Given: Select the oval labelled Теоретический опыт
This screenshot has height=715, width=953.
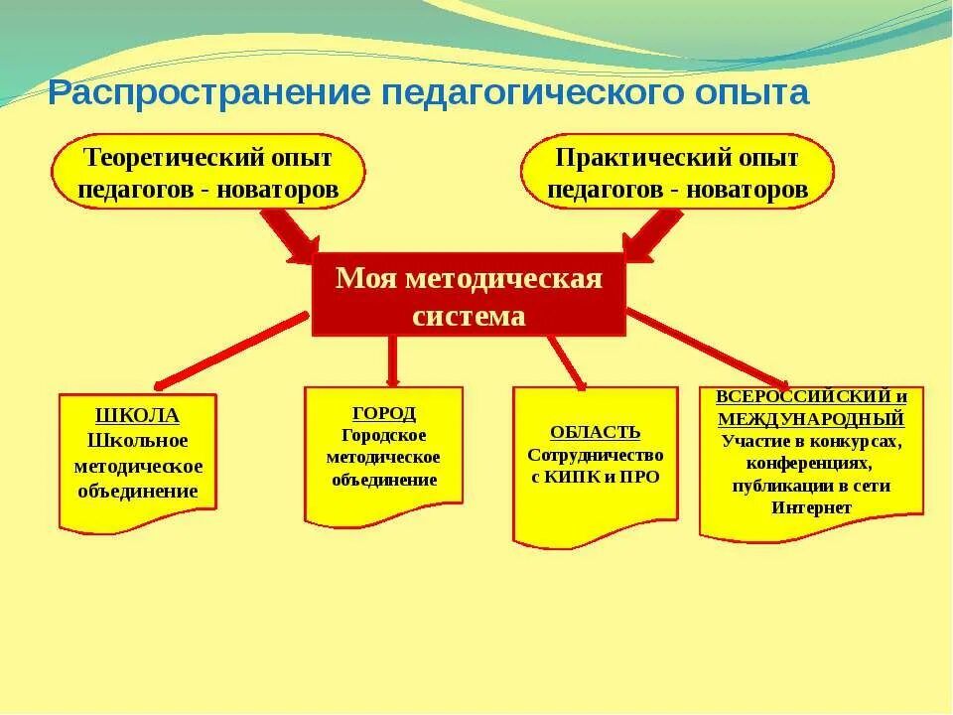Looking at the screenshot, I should [x=208, y=173].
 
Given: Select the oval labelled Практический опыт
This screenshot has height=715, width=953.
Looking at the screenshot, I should [x=677, y=173].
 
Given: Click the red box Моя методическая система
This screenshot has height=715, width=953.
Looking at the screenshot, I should [x=469, y=295].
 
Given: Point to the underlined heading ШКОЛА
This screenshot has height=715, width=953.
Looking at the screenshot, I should [x=138, y=416].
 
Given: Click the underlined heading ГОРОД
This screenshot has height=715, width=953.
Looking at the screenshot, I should [x=383, y=412].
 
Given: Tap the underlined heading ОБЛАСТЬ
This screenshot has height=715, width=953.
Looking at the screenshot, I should [x=595, y=432].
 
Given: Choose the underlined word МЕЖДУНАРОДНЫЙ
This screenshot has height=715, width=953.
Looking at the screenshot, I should [x=811, y=419].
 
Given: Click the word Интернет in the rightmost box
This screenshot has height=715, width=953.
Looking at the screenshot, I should [x=811, y=506].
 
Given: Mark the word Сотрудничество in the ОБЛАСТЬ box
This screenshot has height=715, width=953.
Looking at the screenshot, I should [x=595, y=454].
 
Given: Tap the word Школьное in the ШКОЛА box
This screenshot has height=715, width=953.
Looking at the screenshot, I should [x=138, y=441].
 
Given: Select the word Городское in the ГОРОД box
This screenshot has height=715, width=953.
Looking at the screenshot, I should [x=383, y=435].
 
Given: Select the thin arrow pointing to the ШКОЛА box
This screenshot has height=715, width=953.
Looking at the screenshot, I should [x=228, y=350].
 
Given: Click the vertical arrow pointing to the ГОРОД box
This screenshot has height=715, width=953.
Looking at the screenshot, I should [x=392, y=359].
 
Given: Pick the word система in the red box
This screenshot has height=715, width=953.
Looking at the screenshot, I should [x=469, y=316].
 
